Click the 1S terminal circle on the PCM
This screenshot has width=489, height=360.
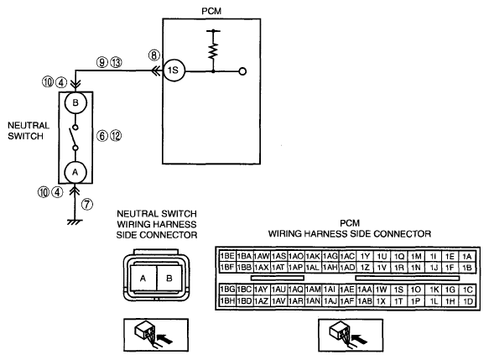(174, 70)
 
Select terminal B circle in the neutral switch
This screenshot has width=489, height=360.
(75, 103)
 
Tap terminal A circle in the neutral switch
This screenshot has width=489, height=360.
(75, 172)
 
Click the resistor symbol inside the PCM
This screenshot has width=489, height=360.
(213, 52)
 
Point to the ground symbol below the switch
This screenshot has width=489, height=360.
(75, 222)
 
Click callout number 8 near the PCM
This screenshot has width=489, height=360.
(153, 55)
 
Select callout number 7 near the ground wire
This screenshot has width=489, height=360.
(87, 204)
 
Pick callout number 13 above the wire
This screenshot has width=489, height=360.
(116, 63)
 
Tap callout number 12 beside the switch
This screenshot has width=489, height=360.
(116, 136)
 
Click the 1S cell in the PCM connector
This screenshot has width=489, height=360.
(398, 290)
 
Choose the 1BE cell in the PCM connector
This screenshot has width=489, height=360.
(227, 256)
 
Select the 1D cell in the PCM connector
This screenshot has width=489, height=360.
(468, 301)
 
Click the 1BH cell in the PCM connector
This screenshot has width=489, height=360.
(227, 301)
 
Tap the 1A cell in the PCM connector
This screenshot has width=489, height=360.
(467, 256)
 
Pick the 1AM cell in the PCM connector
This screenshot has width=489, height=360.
(313, 290)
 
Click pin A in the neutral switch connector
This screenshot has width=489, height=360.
(143, 279)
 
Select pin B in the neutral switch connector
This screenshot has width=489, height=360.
(169, 279)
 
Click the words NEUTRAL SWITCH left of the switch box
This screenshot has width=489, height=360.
(29, 131)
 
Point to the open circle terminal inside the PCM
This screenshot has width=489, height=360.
(242, 71)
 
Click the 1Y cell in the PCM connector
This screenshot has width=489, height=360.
(365, 256)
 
